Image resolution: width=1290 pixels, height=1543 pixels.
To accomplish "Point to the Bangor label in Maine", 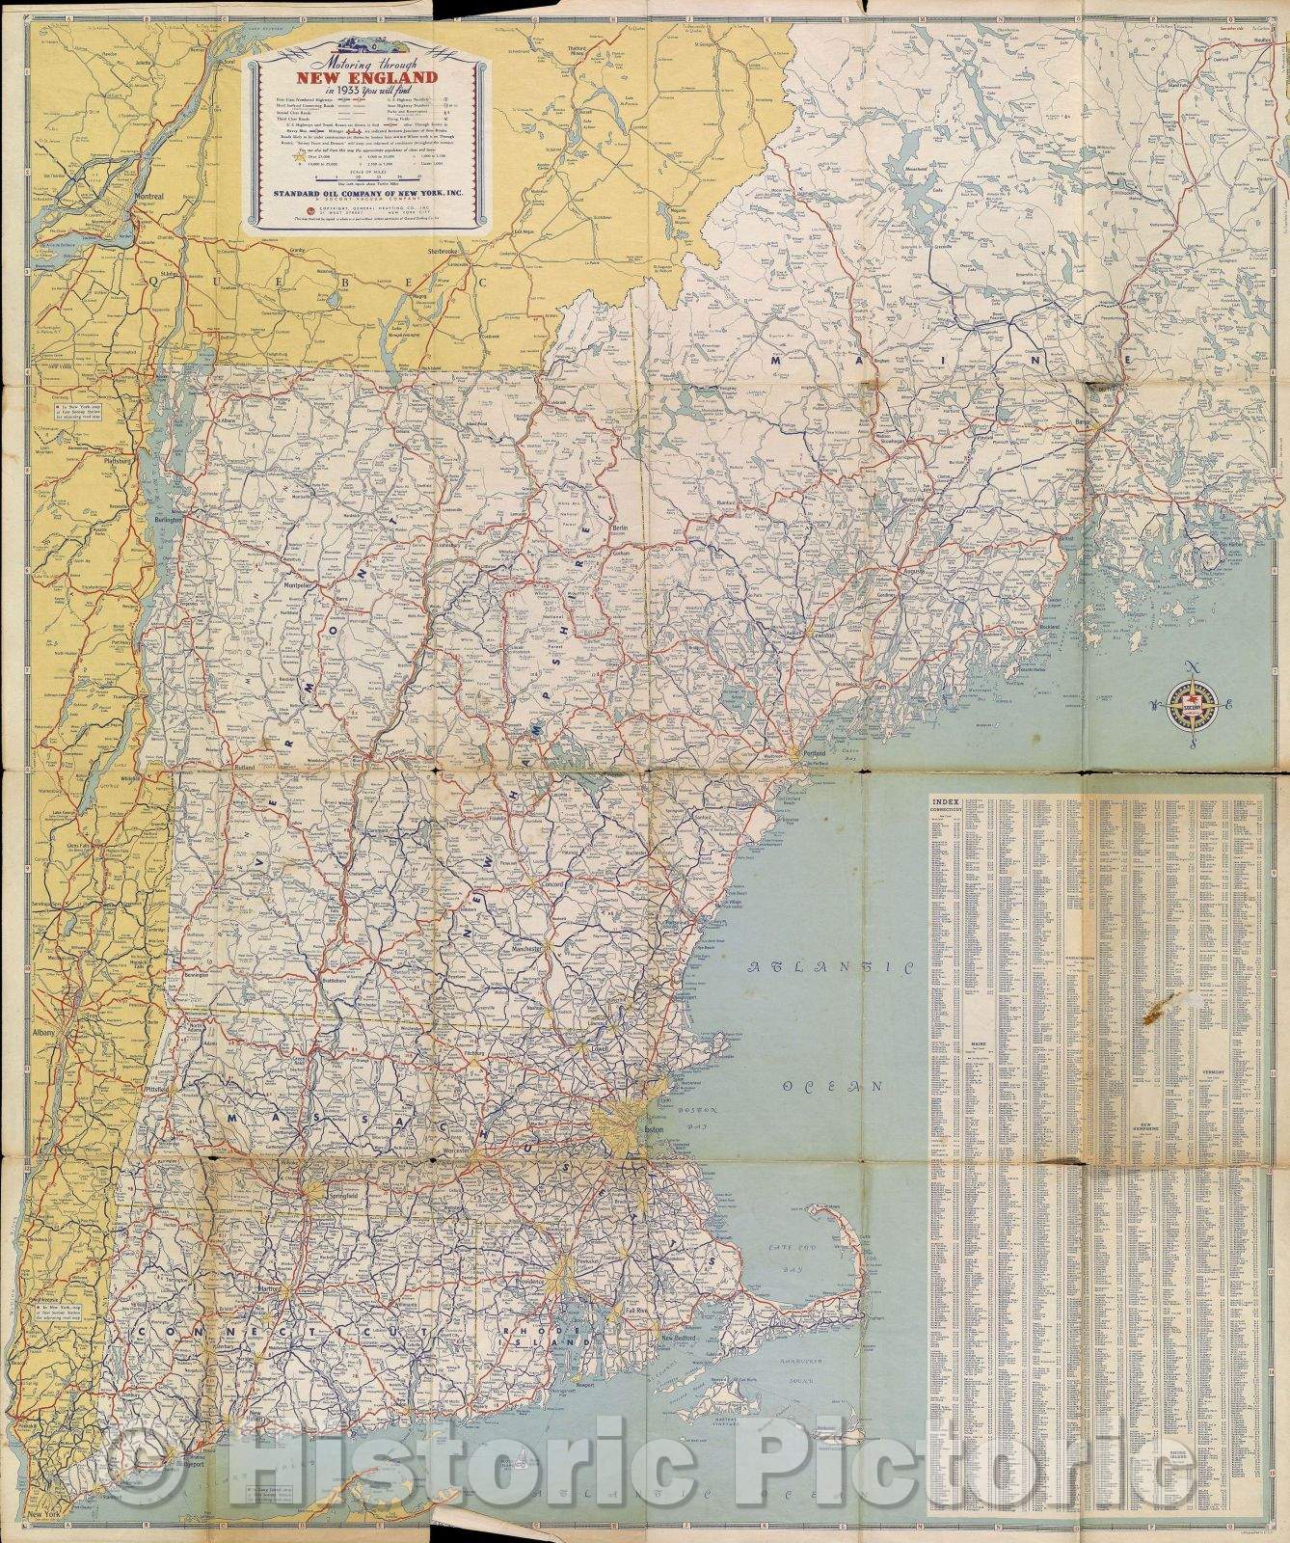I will point(1102,422).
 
